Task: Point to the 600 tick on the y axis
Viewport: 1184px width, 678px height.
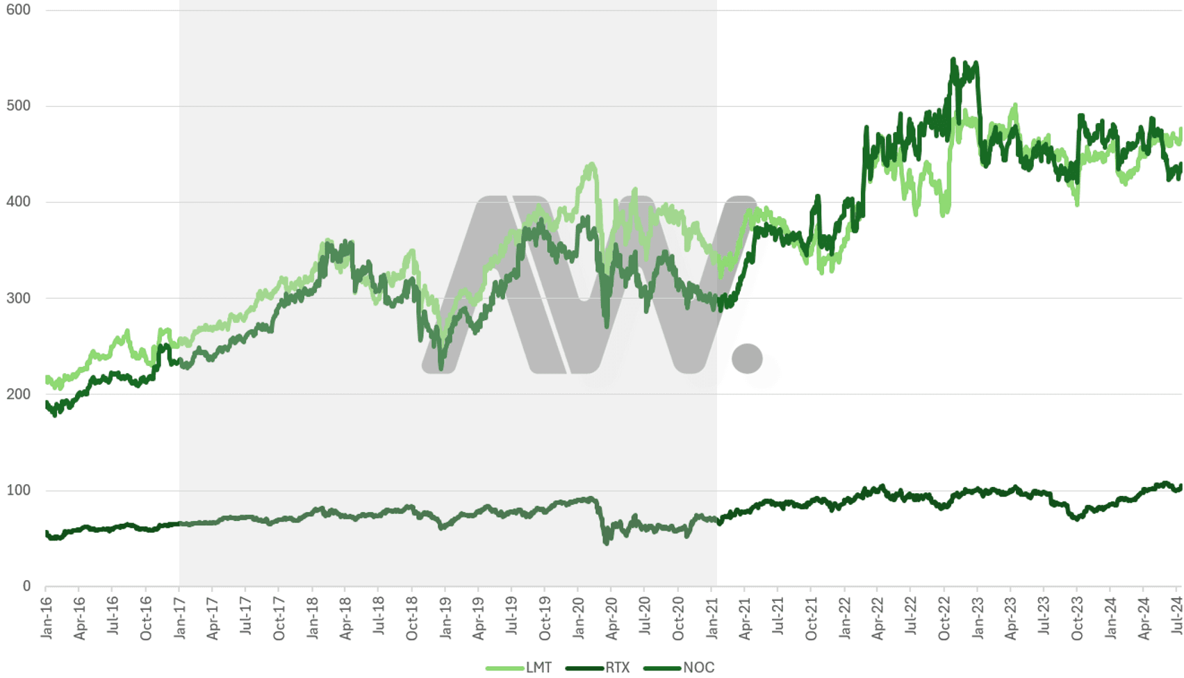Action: click(18, 10)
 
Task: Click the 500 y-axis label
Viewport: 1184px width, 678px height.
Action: click(18, 106)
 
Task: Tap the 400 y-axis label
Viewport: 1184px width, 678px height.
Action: click(18, 202)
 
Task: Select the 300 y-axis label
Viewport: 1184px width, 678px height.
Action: click(18, 298)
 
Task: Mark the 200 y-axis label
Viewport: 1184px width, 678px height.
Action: click(18, 394)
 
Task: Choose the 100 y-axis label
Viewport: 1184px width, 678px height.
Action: click(18, 490)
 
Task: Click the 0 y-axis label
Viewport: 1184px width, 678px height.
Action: click(26, 586)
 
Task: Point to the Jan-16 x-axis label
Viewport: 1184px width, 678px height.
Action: click(47, 618)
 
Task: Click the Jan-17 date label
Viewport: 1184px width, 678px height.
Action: click(180, 618)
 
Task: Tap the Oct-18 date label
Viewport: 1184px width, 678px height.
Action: click(413, 618)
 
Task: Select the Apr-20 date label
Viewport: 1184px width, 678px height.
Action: click(612, 618)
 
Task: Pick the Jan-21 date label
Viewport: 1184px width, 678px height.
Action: click(712, 618)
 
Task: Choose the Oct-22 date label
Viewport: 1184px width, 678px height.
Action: click(945, 618)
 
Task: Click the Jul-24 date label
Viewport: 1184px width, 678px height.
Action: click(1177, 618)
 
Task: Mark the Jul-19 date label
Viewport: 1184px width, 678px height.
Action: click(512, 618)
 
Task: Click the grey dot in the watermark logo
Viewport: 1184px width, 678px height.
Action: click(747, 358)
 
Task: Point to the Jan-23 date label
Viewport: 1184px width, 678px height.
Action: click(978, 618)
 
